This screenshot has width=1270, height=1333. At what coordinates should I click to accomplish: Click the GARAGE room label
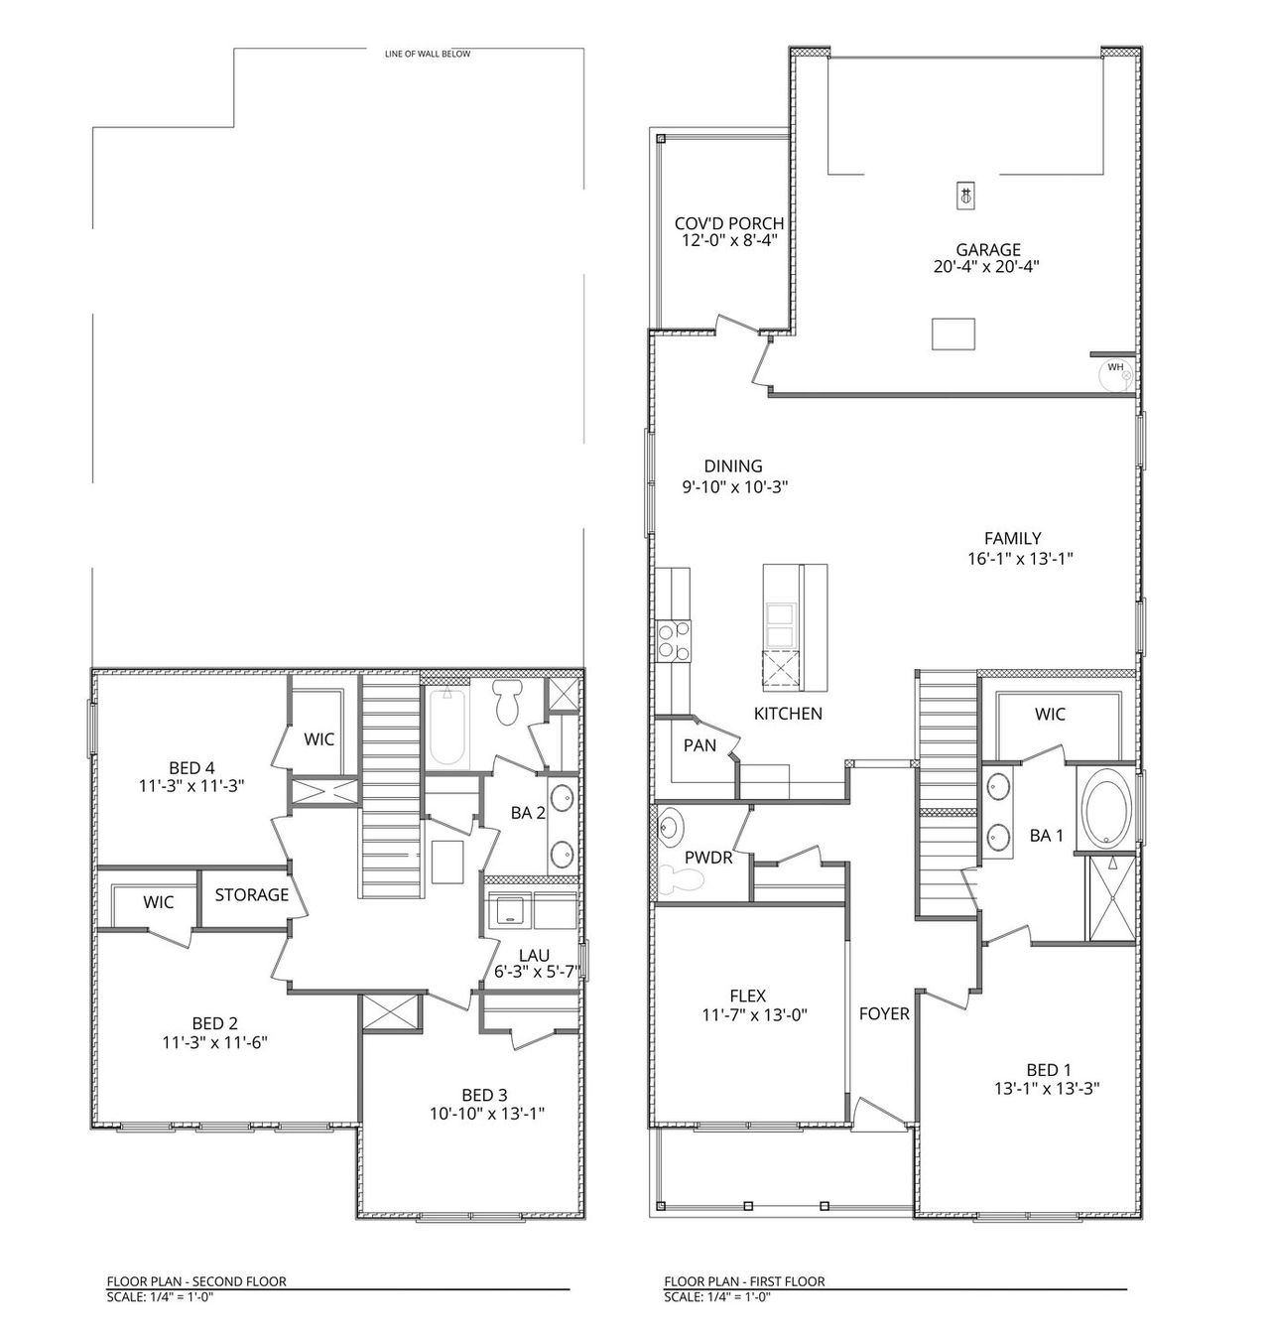[987, 250]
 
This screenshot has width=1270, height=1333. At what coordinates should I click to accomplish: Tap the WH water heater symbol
[1116, 370]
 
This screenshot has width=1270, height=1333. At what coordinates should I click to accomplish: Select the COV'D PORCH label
[728, 223]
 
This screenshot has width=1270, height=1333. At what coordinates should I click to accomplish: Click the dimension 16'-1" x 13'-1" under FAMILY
[1020, 559]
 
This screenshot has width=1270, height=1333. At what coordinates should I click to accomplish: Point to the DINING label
[733, 466]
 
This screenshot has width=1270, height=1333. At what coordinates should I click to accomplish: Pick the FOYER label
[883, 1014]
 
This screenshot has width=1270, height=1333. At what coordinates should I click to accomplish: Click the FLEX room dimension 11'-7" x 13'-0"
[747, 1015]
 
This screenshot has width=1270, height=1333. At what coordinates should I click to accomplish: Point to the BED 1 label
[1048, 1069]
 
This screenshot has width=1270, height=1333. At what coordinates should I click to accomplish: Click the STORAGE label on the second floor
[252, 894]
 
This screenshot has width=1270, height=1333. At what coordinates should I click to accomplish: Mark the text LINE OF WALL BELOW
[428, 54]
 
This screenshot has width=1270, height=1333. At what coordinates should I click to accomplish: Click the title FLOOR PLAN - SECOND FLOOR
[196, 1281]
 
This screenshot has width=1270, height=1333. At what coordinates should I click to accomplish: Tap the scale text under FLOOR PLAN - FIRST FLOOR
[717, 1296]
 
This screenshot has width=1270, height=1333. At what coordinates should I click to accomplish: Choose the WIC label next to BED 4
[318, 739]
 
